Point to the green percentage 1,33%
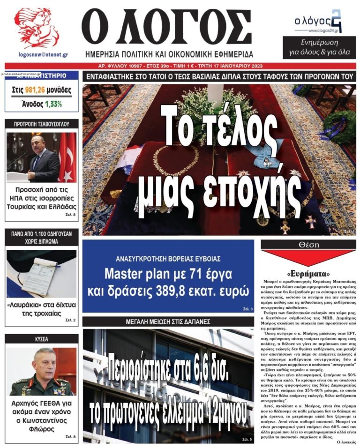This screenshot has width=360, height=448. [53, 104]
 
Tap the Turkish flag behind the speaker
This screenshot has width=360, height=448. [67, 157]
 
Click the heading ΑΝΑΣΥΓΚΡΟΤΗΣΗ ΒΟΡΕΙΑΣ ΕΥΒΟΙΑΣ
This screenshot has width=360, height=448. [168, 259]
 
